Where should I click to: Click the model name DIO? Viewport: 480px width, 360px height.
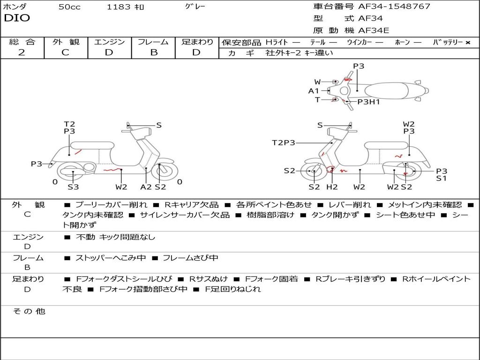click(17, 18)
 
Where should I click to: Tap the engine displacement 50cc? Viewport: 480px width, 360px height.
click(69, 7)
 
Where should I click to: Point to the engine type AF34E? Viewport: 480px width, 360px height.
click(374, 31)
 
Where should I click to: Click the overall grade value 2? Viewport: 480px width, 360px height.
click(22, 52)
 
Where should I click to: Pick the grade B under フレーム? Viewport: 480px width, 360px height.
click(153, 52)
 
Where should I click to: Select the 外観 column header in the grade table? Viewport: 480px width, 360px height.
click(66, 42)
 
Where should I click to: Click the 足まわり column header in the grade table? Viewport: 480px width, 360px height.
click(197, 42)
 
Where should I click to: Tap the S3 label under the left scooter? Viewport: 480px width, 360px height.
click(73, 187)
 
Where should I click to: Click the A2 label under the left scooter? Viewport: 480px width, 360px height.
click(146, 187)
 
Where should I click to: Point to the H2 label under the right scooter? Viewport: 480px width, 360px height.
click(332, 187)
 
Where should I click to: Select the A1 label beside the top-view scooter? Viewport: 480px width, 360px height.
click(314, 91)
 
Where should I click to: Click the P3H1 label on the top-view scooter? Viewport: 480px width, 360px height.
click(368, 102)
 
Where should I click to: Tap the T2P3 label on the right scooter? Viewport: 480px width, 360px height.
click(284, 142)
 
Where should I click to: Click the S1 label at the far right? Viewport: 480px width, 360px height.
click(442, 178)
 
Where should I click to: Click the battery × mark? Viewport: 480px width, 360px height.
click(467, 42)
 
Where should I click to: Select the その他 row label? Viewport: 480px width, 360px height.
click(29, 311)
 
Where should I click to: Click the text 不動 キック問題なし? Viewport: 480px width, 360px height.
click(115, 237)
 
